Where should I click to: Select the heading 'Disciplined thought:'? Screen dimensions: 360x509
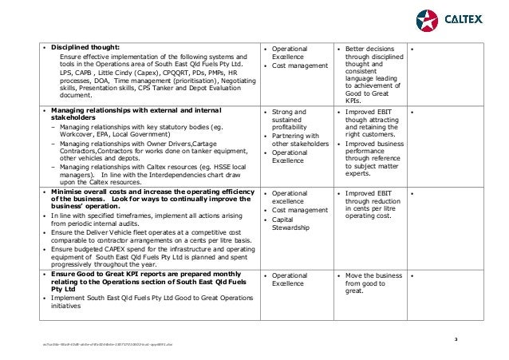point(84,47)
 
